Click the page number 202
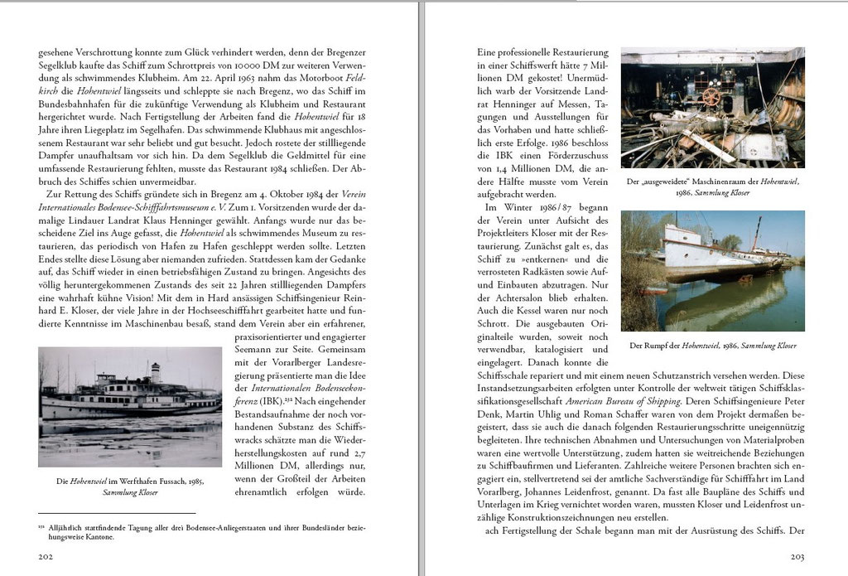click(47, 557)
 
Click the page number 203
click(798, 557)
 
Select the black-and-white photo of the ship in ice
click(130, 406)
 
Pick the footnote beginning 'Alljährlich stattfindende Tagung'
click(207, 531)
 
